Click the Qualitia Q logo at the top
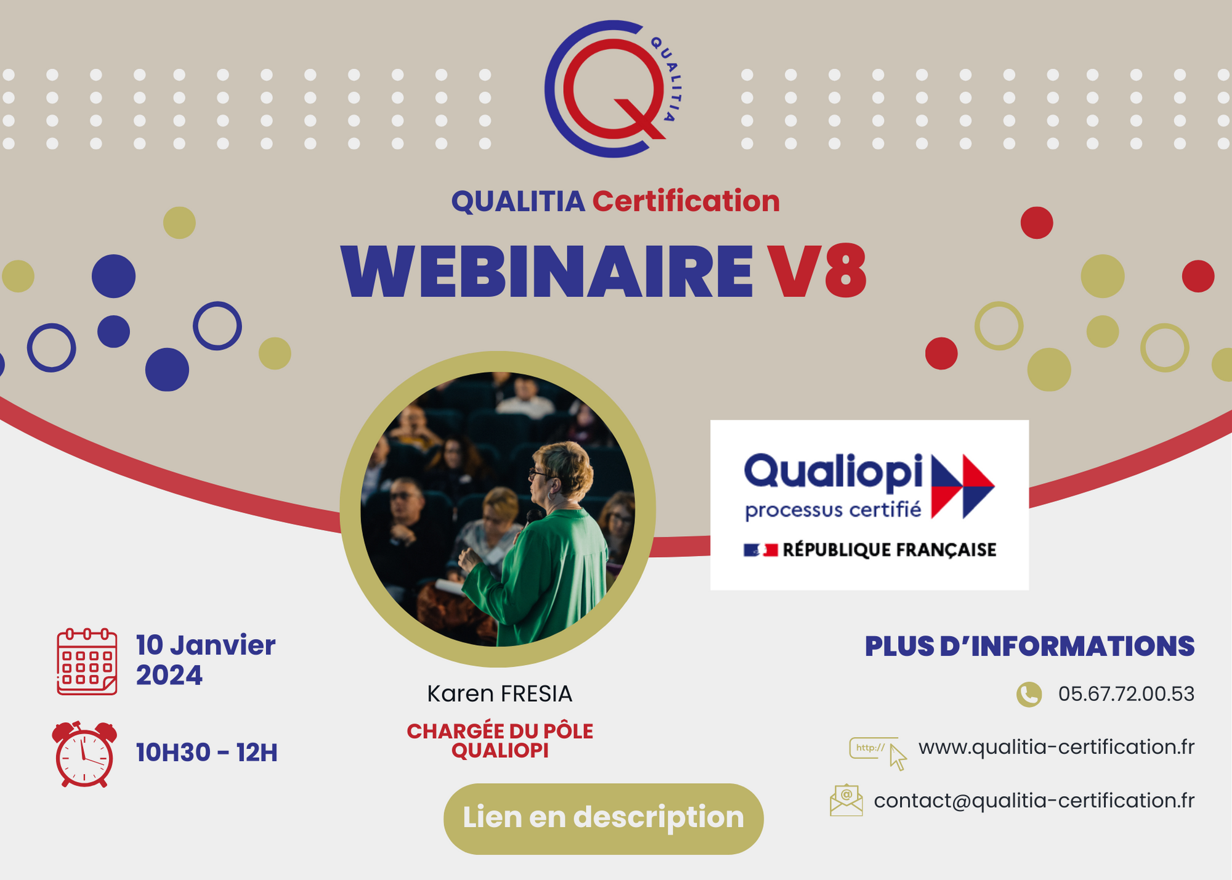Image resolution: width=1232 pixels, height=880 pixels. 612,89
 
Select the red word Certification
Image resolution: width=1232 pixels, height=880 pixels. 686,202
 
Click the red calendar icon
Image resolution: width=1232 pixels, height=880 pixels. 87,662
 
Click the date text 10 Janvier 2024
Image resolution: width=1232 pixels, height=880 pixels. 205,660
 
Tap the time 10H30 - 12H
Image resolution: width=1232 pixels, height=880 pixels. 206,752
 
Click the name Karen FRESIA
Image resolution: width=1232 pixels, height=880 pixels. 500,694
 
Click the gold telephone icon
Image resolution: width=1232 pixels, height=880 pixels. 1029,695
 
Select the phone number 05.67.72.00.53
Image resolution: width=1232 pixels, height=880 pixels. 1126,694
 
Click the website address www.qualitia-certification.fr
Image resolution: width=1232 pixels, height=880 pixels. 1056,747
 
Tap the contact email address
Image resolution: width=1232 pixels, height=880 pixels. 1034,801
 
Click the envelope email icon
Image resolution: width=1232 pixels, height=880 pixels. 846,801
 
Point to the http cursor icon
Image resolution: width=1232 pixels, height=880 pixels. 878,752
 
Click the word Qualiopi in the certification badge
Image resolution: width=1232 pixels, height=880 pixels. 833,472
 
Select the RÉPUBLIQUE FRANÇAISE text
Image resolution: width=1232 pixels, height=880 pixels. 889,550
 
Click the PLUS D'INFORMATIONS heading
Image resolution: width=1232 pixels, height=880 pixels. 1029,646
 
